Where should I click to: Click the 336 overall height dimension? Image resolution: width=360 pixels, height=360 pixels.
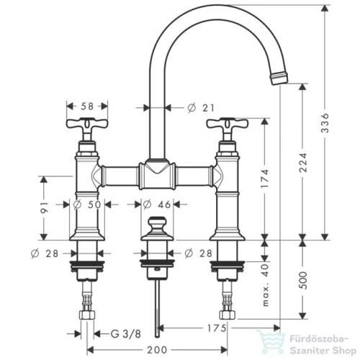pyautogui.click(x=325, y=123)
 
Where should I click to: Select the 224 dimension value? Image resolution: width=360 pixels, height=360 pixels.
pyautogui.click(x=303, y=163)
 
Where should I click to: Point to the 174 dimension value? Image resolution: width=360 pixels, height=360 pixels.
pyautogui.click(x=265, y=179)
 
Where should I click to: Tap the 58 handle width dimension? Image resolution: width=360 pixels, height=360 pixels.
pyautogui.click(x=87, y=106)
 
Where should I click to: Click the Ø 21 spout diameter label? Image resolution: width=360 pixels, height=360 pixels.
pyautogui.click(x=201, y=108)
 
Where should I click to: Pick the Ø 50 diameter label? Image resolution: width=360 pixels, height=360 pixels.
pyautogui.click(x=87, y=204)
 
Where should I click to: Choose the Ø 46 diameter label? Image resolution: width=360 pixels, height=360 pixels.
pyautogui.click(x=156, y=204)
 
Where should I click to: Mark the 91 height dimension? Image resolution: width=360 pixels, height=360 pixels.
pyautogui.click(x=44, y=207)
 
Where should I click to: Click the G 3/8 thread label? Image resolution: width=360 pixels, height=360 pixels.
pyautogui.click(x=126, y=333)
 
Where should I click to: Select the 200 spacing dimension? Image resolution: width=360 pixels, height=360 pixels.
pyautogui.click(x=157, y=350)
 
